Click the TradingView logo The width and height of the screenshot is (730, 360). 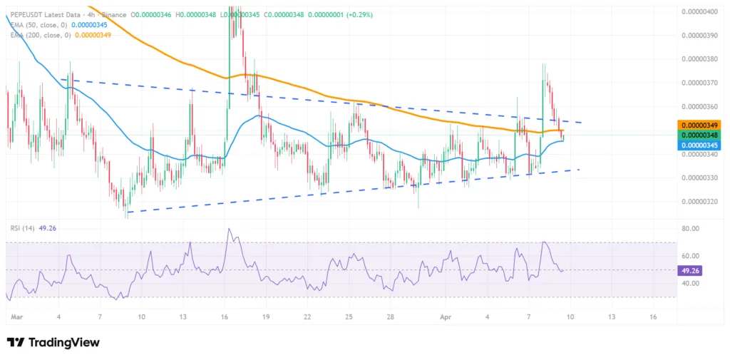(x=53, y=343)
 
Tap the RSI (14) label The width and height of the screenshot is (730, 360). (x=24, y=228)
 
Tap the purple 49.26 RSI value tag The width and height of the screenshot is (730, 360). (x=692, y=270)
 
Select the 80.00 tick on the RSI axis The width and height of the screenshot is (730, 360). (x=691, y=229)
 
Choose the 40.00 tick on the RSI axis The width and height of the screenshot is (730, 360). (x=691, y=283)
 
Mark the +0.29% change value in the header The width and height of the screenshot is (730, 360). (x=361, y=14)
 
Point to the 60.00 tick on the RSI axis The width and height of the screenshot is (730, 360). (x=691, y=256)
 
